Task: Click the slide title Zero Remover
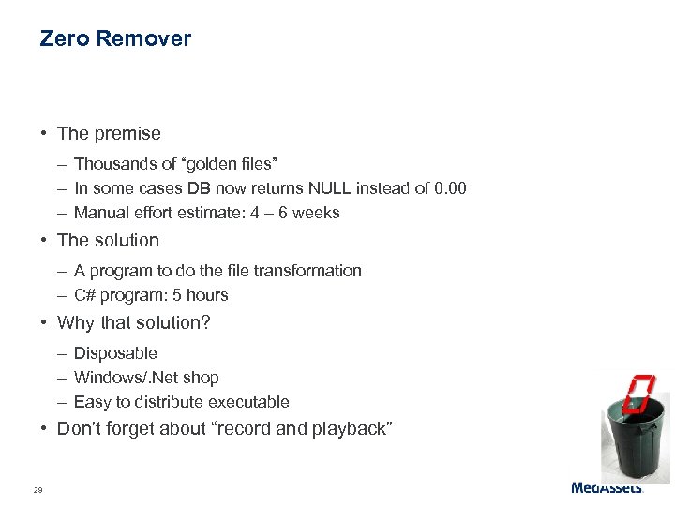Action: [115, 38]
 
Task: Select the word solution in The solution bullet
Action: [126, 241]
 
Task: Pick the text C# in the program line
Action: [84, 295]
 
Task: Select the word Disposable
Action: [115, 353]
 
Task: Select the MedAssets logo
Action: [607, 487]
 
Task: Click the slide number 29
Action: [37, 490]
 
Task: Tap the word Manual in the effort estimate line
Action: [99, 213]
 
